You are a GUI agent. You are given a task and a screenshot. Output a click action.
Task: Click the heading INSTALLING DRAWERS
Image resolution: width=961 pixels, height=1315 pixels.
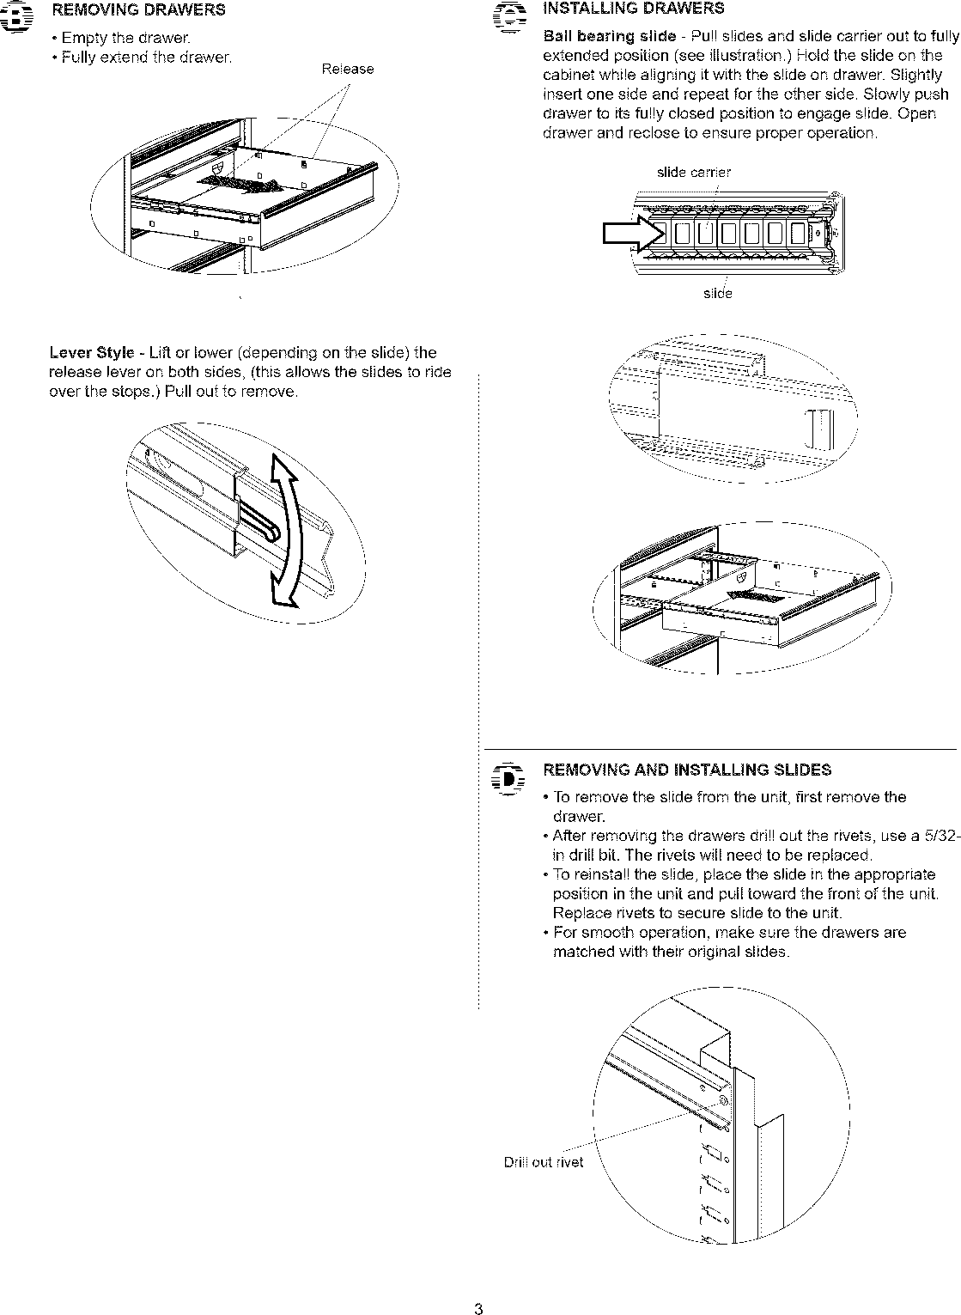(634, 9)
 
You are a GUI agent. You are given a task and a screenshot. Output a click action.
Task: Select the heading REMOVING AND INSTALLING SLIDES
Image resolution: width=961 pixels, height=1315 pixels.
(687, 770)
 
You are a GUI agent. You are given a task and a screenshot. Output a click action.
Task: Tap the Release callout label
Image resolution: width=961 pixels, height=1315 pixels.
(347, 70)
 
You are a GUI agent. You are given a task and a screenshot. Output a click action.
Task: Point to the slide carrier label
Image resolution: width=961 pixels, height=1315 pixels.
(693, 173)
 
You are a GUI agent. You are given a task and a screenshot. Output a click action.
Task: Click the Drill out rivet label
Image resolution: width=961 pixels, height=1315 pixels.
(543, 1162)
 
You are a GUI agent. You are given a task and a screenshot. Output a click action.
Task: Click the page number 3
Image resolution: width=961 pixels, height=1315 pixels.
(479, 1309)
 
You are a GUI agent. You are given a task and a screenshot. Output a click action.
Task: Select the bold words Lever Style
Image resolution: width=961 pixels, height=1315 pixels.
(92, 353)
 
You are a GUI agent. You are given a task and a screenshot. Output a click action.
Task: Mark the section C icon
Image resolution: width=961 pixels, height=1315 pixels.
(510, 17)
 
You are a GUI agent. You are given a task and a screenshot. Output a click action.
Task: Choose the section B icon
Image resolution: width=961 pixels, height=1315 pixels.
(18, 17)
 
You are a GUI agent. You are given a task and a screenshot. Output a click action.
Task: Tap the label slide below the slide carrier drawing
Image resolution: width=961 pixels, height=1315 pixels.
(717, 294)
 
